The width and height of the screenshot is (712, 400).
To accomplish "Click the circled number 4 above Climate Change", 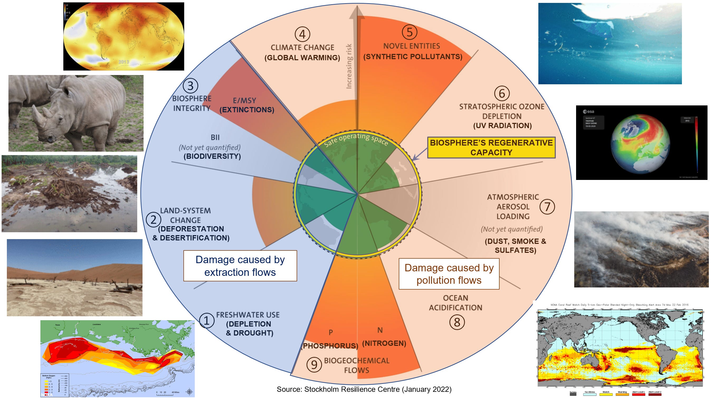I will (302, 34).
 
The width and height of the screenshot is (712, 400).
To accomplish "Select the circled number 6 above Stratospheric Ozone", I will (502, 94).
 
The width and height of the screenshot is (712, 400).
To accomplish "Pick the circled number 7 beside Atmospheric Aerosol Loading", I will (547, 207).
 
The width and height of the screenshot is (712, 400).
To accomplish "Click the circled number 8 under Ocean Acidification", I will (457, 322).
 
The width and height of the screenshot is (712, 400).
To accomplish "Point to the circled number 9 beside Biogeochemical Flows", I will (314, 365).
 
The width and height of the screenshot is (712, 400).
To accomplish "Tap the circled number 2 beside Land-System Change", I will (153, 220).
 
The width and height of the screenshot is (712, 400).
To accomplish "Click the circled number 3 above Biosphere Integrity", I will (191, 86).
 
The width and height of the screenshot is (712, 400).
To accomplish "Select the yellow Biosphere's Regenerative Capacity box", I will (491, 147).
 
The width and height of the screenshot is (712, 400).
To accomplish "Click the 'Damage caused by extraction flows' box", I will (240, 266).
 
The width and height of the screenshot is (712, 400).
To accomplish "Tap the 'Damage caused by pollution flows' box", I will (449, 274).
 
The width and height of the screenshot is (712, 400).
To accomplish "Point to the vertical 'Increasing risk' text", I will (349, 66).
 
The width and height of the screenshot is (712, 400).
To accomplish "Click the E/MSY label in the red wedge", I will (244, 100).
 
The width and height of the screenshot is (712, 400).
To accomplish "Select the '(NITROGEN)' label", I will (384, 343).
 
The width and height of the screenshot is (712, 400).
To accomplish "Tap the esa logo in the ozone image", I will (589, 112).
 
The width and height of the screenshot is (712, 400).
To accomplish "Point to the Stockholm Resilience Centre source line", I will (364, 389).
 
